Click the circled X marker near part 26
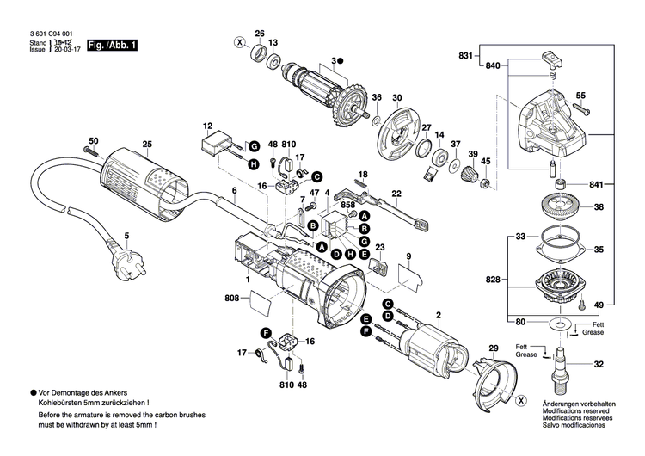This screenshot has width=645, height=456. (241, 42)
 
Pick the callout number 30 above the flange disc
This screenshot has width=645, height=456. (396, 97)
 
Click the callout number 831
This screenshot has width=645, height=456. (465, 56)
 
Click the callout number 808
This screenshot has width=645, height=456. (232, 299)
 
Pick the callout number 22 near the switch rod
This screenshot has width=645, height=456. (396, 194)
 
